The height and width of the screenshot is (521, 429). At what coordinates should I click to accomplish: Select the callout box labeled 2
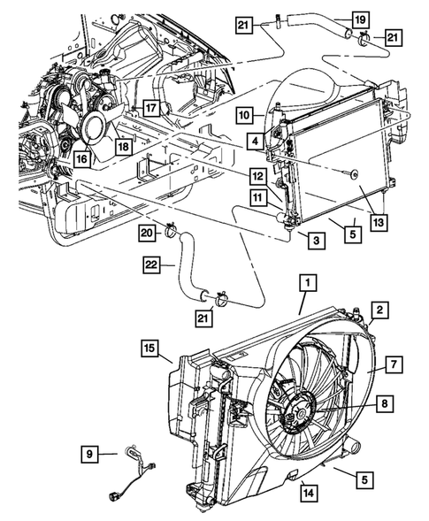[379, 310]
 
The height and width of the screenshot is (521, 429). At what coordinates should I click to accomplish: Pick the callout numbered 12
[256, 176]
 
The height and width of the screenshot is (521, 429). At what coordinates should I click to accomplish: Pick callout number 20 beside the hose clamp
[148, 233]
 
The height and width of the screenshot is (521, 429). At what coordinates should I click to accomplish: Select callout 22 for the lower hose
[152, 263]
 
